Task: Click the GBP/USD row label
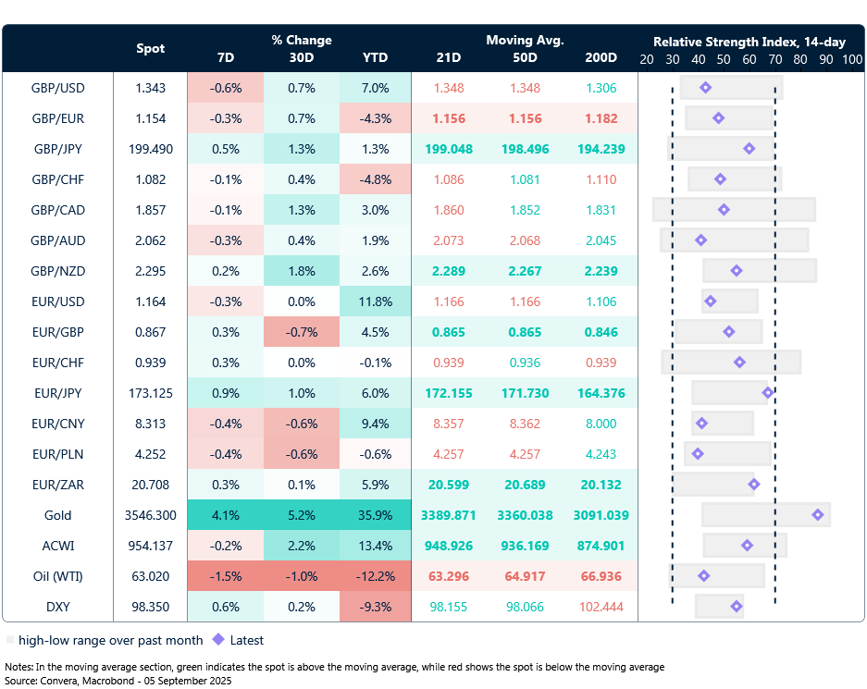coord(58,87)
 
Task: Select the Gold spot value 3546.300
coord(151,515)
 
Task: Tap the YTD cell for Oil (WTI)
coord(375,576)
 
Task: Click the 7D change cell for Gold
coord(225,515)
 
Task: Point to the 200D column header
coord(601,57)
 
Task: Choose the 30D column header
coord(301,57)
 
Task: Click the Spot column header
coord(151,48)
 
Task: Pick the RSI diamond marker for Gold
coord(817,515)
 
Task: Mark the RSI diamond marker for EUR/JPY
coord(768,393)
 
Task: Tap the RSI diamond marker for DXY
coord(737,607)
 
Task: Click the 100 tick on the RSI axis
coord(851,58)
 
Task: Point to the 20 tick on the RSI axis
coord(647,58)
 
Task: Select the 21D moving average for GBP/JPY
coord(449,148)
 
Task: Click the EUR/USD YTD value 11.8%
coord(375,301)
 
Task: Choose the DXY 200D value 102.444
coord(601,607)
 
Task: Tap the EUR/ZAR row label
coord(58,485)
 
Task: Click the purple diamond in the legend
coord(218,639)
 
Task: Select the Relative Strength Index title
coord(749,42)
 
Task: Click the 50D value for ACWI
coord(525,546)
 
